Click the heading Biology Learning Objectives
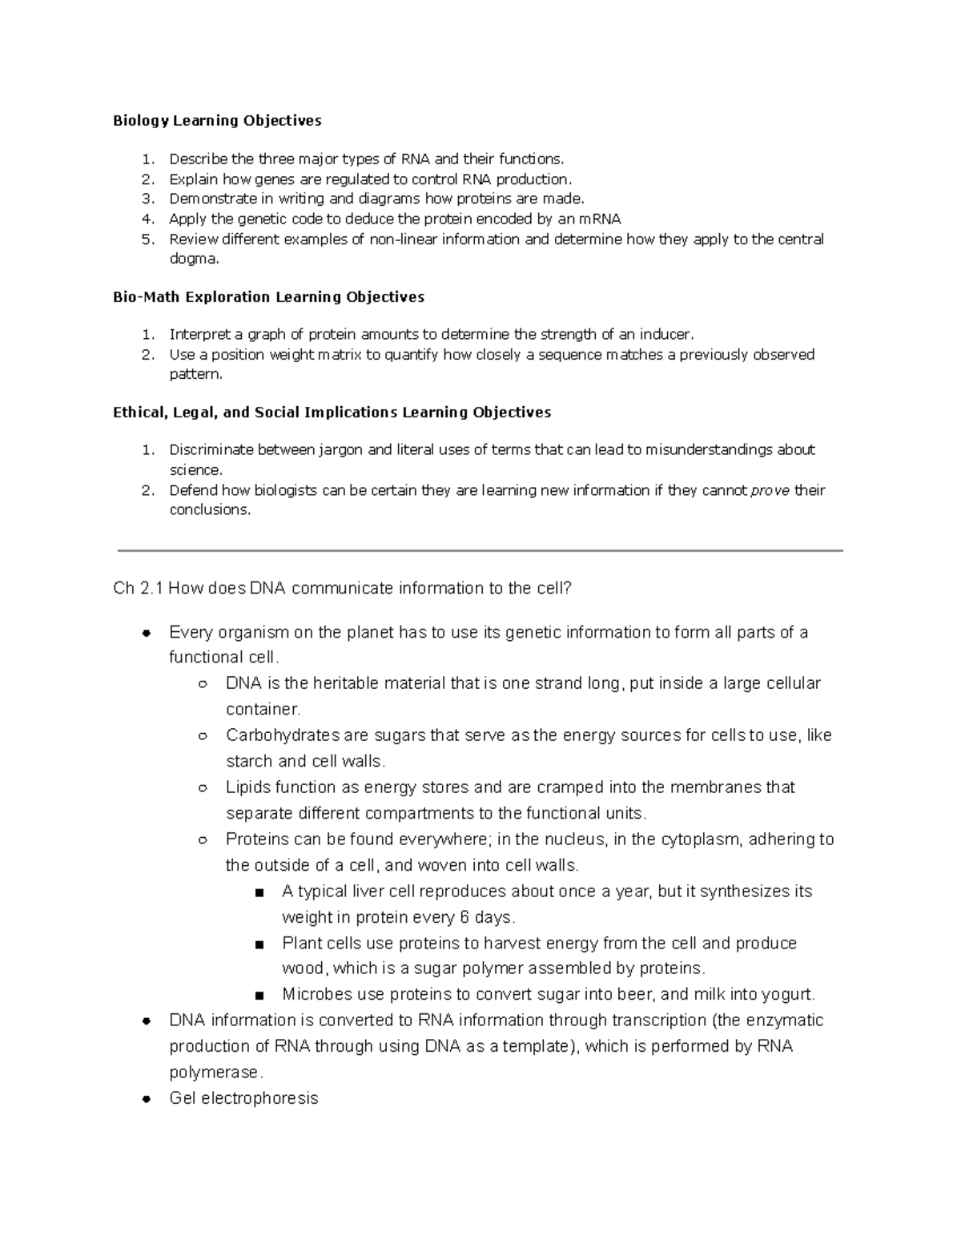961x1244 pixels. click(x=217, y=121)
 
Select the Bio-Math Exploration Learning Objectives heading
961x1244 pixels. click(x=268, y=297)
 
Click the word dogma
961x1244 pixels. click(x=192, y=259)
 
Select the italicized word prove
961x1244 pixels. click(x=770, y=490)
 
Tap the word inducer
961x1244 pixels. click(x=667, y=335)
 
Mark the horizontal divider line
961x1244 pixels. click(x=480, y=550)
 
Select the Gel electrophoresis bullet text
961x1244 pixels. click(x=243, y=1098)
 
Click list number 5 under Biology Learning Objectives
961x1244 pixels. click(x=147, y=240)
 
